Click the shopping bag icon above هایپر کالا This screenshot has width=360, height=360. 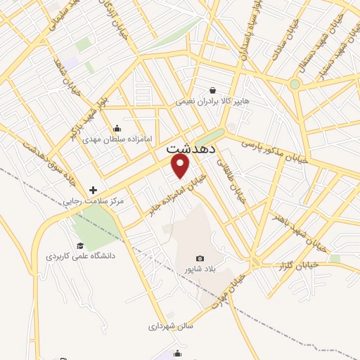[x=212, y=90]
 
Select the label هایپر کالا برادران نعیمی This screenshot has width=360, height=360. [x=212, y=101]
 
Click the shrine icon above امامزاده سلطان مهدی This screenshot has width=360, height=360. [x=116, y=129]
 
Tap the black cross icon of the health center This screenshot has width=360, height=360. [x=93, y=190]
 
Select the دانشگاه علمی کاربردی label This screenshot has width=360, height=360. [x=81, y=256]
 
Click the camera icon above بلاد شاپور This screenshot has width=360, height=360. [x=200, y=259]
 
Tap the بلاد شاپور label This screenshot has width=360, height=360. [x=198, y=269]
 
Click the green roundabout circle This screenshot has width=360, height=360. [x=295, y=84]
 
